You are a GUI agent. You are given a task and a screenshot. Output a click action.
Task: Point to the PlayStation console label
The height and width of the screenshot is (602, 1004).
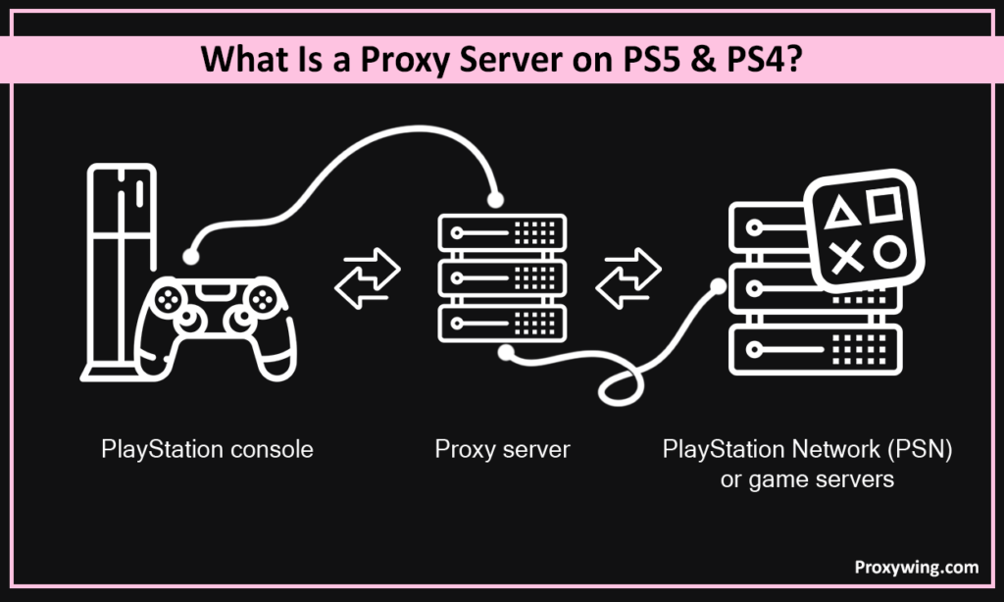[x=207, y=450]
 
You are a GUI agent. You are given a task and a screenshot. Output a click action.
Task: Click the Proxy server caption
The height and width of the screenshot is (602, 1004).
[x=502, y=450]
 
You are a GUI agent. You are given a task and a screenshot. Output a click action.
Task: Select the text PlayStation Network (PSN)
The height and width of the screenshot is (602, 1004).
[x=808, y=450]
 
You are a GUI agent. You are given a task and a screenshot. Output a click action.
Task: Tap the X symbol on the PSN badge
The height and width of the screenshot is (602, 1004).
[x=845, y=258]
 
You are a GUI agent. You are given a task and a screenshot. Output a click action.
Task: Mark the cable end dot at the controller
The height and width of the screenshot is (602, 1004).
[x=191, y=257]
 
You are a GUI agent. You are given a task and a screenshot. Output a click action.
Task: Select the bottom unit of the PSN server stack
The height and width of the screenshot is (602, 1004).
[x=814, y=348]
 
